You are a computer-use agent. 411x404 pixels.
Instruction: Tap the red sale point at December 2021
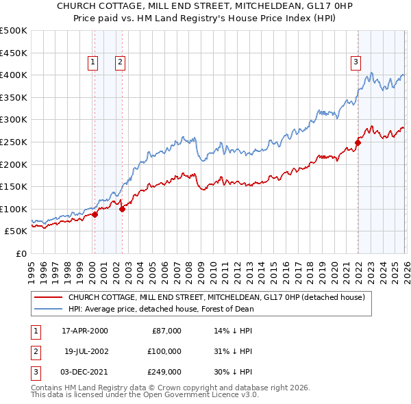(x=358, y=142)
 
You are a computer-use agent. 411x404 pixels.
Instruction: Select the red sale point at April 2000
(x=95, y=214)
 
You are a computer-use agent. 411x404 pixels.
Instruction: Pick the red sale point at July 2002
(x=122, y=209)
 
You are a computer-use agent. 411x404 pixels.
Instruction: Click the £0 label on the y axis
(x=21, y=253)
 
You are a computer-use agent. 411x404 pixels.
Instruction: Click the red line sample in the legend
(x=47, y=297)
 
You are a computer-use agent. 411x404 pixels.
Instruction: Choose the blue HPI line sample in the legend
(x=47, y=309)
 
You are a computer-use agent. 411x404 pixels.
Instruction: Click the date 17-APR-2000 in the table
(x=84, y=331)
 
